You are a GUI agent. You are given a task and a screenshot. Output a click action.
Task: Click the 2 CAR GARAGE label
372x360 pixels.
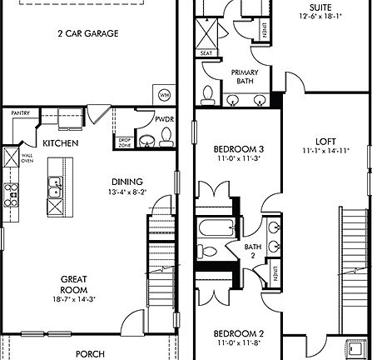(x=87, y=34)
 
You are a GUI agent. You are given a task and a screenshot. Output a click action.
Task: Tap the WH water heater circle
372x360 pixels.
(x=164, y=93)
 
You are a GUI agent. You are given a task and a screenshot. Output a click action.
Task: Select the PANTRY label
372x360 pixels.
(x=21, y=112)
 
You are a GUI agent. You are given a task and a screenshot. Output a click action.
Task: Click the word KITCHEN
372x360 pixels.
(x=61, y=143)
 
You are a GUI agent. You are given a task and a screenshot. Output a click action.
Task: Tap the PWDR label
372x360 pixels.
(x=164, y=120)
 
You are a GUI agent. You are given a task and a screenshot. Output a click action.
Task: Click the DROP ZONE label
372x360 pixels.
(x=125, y=142)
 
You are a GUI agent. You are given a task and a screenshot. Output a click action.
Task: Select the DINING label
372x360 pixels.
(x=127, y=182)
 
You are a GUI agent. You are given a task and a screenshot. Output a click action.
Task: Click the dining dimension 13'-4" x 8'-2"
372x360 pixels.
(x=127, y=192)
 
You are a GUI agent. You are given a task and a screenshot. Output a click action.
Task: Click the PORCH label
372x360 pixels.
(x=90, y=353)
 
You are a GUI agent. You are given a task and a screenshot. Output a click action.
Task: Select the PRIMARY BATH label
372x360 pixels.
(x=244, y=77)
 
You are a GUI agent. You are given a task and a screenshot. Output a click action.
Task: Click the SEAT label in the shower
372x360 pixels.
(x=206, y=54)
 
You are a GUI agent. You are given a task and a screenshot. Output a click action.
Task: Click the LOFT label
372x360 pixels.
(x=325, y=141)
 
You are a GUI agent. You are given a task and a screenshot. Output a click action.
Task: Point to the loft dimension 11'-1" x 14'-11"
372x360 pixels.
(x=325, y=151)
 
